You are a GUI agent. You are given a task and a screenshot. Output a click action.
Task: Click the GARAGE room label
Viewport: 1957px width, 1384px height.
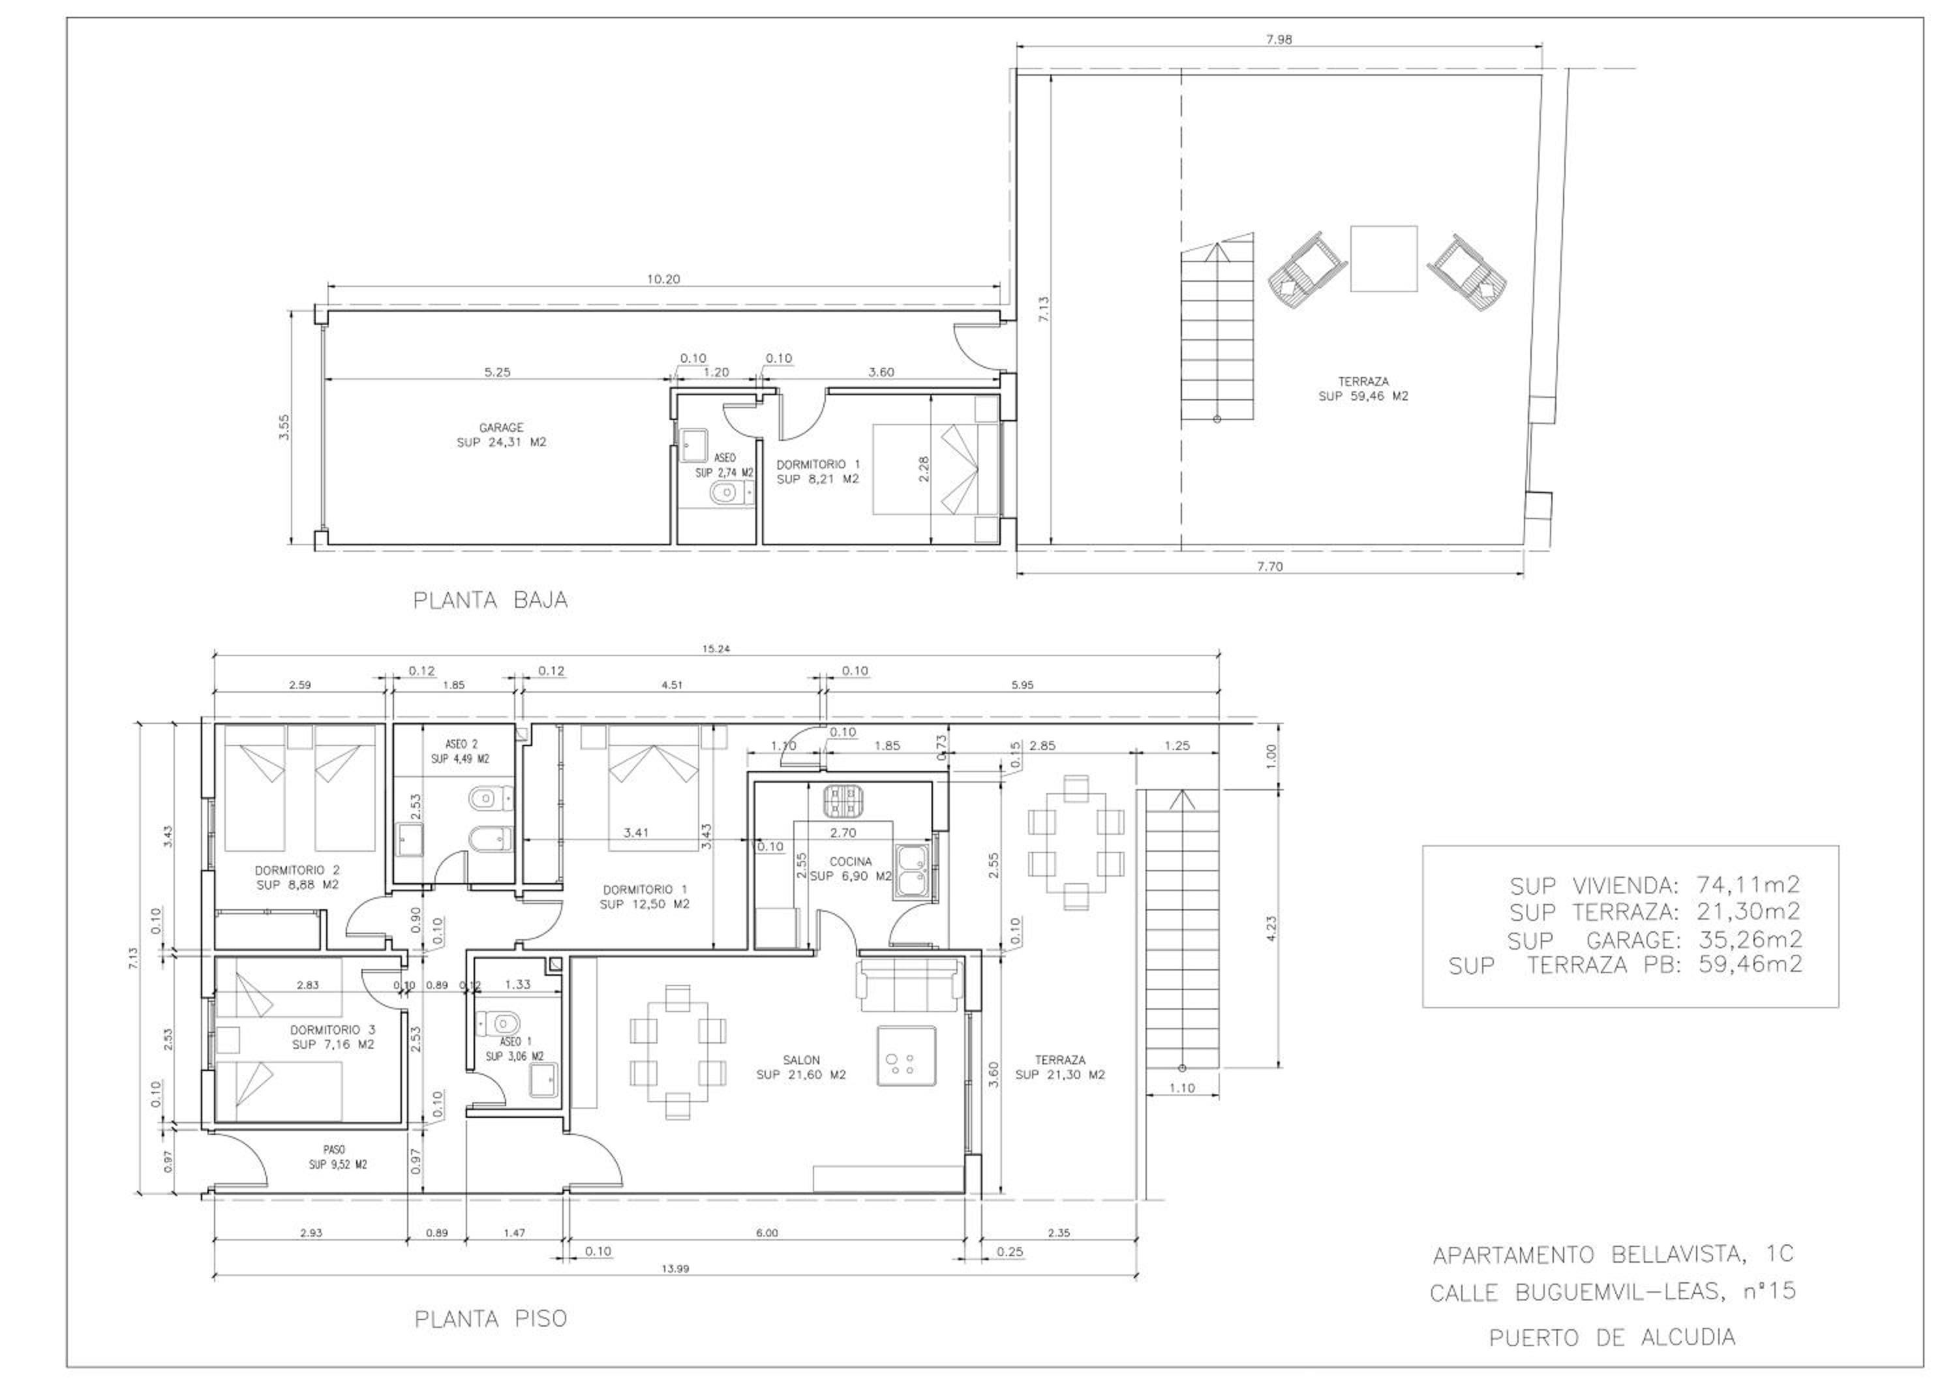pos(501,428)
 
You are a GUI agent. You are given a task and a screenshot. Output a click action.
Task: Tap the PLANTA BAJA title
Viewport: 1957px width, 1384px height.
pos(490,600)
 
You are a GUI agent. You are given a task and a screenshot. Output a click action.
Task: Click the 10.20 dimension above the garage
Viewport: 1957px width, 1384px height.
pos(663,278)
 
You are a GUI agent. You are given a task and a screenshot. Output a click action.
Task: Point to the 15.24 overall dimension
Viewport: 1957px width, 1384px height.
pos(716,648)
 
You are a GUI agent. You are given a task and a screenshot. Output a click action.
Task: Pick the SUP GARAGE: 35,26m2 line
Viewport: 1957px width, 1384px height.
pos(1655,940)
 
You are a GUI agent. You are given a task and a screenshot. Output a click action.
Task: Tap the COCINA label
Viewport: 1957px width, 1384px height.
pos(851,862)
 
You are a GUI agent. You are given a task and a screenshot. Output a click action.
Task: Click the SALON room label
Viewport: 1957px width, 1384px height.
pos(801,1060)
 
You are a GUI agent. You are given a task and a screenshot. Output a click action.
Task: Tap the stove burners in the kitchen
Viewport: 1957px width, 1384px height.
pos(842,800)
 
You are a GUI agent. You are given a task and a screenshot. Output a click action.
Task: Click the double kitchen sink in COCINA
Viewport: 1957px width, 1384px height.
pos(913,872)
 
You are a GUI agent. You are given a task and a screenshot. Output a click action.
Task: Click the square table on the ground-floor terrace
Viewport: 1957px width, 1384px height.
pos(1384,259)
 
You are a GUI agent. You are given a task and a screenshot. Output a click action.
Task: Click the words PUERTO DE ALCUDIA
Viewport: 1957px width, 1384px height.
pos(1612,1337)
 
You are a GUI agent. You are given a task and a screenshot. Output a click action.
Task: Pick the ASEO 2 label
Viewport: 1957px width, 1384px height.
pos(462,744)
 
